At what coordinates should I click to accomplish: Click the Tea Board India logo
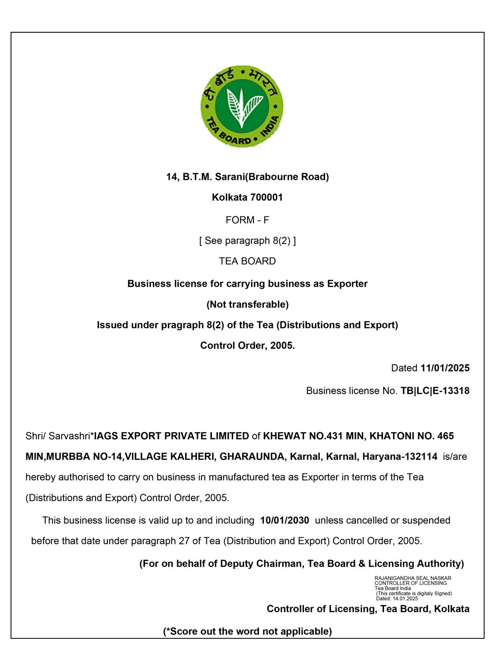tap(242, 106)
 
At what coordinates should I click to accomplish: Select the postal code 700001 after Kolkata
tap(266, 198)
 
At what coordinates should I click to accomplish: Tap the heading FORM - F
tap(247, 220)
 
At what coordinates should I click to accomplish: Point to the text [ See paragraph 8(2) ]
tap(247, 241)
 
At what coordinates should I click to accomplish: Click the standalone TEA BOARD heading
tap(247, 261)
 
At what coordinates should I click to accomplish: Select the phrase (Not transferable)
tap(247, 305)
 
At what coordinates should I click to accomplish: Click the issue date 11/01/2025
tap(445, 368)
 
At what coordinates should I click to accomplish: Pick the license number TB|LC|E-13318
tap(435, 391)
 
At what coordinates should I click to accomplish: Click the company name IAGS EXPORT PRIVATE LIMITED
tap(171, 436)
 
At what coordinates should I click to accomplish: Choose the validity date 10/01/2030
tap(284, 520)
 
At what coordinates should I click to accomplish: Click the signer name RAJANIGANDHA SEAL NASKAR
tap(413, 578)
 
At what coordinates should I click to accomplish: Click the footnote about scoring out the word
tap(247, 631)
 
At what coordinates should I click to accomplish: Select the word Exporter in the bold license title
tap(347, 284)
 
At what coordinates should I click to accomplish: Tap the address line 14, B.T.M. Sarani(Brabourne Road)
tap(247, 177)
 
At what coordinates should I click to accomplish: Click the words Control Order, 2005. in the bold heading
tap(247, 346)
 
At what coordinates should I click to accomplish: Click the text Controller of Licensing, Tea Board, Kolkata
tap(368, 609)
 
